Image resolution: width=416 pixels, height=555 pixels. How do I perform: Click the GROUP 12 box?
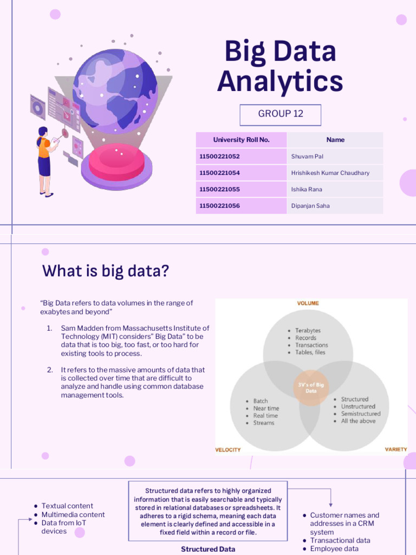[281, 114]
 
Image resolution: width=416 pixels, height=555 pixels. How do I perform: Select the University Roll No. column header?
[241, 140]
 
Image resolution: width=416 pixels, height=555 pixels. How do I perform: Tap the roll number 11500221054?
[219, 173]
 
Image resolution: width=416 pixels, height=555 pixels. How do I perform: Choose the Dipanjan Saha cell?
[310, 206]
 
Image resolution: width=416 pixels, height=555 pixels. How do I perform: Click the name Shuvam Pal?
[307, 157]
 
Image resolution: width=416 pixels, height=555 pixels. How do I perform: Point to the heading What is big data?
[106, 270]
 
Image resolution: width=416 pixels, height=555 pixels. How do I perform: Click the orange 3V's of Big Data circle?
[311, 388]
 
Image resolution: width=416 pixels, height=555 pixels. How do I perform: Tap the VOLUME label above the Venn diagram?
[308, 304]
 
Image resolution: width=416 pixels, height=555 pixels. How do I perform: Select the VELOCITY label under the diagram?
[229, 450]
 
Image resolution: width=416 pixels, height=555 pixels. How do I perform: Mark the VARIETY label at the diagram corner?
[395, 449]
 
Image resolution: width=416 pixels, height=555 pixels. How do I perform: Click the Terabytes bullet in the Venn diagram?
[308, 331]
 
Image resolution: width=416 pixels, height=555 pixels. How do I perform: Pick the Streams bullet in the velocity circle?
[263, 423]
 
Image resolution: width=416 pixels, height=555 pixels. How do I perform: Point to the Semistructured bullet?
[360, 414]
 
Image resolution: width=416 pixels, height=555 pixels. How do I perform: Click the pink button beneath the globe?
[116, 161]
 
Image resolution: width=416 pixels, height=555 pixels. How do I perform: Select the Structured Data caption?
[208, 549]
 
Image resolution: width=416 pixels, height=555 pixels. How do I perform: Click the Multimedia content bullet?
[73, 514]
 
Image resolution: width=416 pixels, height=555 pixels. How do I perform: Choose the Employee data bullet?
[334, 548]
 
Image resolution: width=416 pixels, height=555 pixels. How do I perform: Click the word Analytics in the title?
[280, 81]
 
